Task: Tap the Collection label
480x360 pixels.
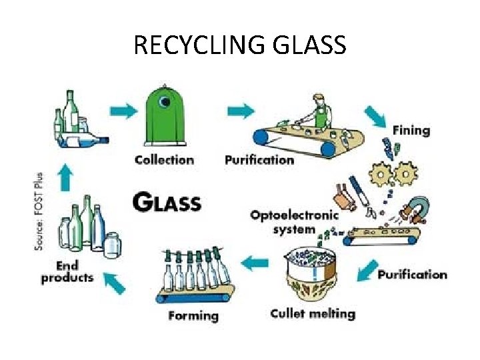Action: (x=164, y=160)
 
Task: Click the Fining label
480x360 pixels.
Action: (x=411, y=129)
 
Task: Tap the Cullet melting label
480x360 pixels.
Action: (x=313, y=313)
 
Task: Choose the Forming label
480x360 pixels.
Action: (x=193, y=315)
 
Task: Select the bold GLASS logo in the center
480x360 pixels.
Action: (x=167, y=201)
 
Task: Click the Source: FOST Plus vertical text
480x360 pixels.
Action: (x=39, y=211)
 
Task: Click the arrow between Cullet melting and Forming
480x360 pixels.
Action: (x=255, y=264)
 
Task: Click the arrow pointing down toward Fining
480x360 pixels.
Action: (x=375, y=117)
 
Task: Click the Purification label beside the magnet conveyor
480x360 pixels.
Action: (x=412, y=275)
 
